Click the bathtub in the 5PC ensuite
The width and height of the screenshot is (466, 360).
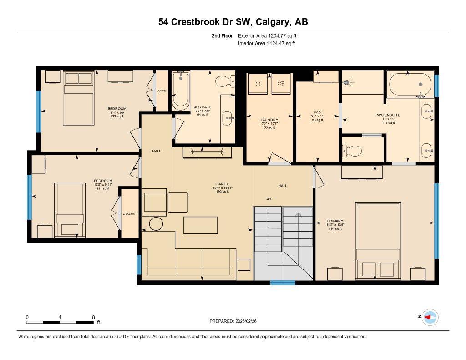[x=410, y=85]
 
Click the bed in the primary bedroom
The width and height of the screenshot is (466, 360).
[x=378, y=241]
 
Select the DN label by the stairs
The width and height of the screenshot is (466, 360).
[x=268, y=199]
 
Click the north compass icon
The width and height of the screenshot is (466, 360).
[x=430, y=317]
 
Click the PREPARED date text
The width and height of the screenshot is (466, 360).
[x=233, y=321]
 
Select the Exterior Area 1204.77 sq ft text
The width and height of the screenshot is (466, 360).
[x=268, y=35]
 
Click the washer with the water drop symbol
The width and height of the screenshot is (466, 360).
[x=258, y=84]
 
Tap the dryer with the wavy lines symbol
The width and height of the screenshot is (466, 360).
[x=281, y=84]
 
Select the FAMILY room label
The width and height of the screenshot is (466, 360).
[x=222, y=184]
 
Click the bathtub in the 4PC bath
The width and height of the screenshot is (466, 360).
[x=181, y=91]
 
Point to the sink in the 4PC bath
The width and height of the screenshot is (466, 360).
[x=228, y=118]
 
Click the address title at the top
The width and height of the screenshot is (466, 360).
[x=233, y=22]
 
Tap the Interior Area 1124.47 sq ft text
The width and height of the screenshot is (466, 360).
[x=267, y=44]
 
